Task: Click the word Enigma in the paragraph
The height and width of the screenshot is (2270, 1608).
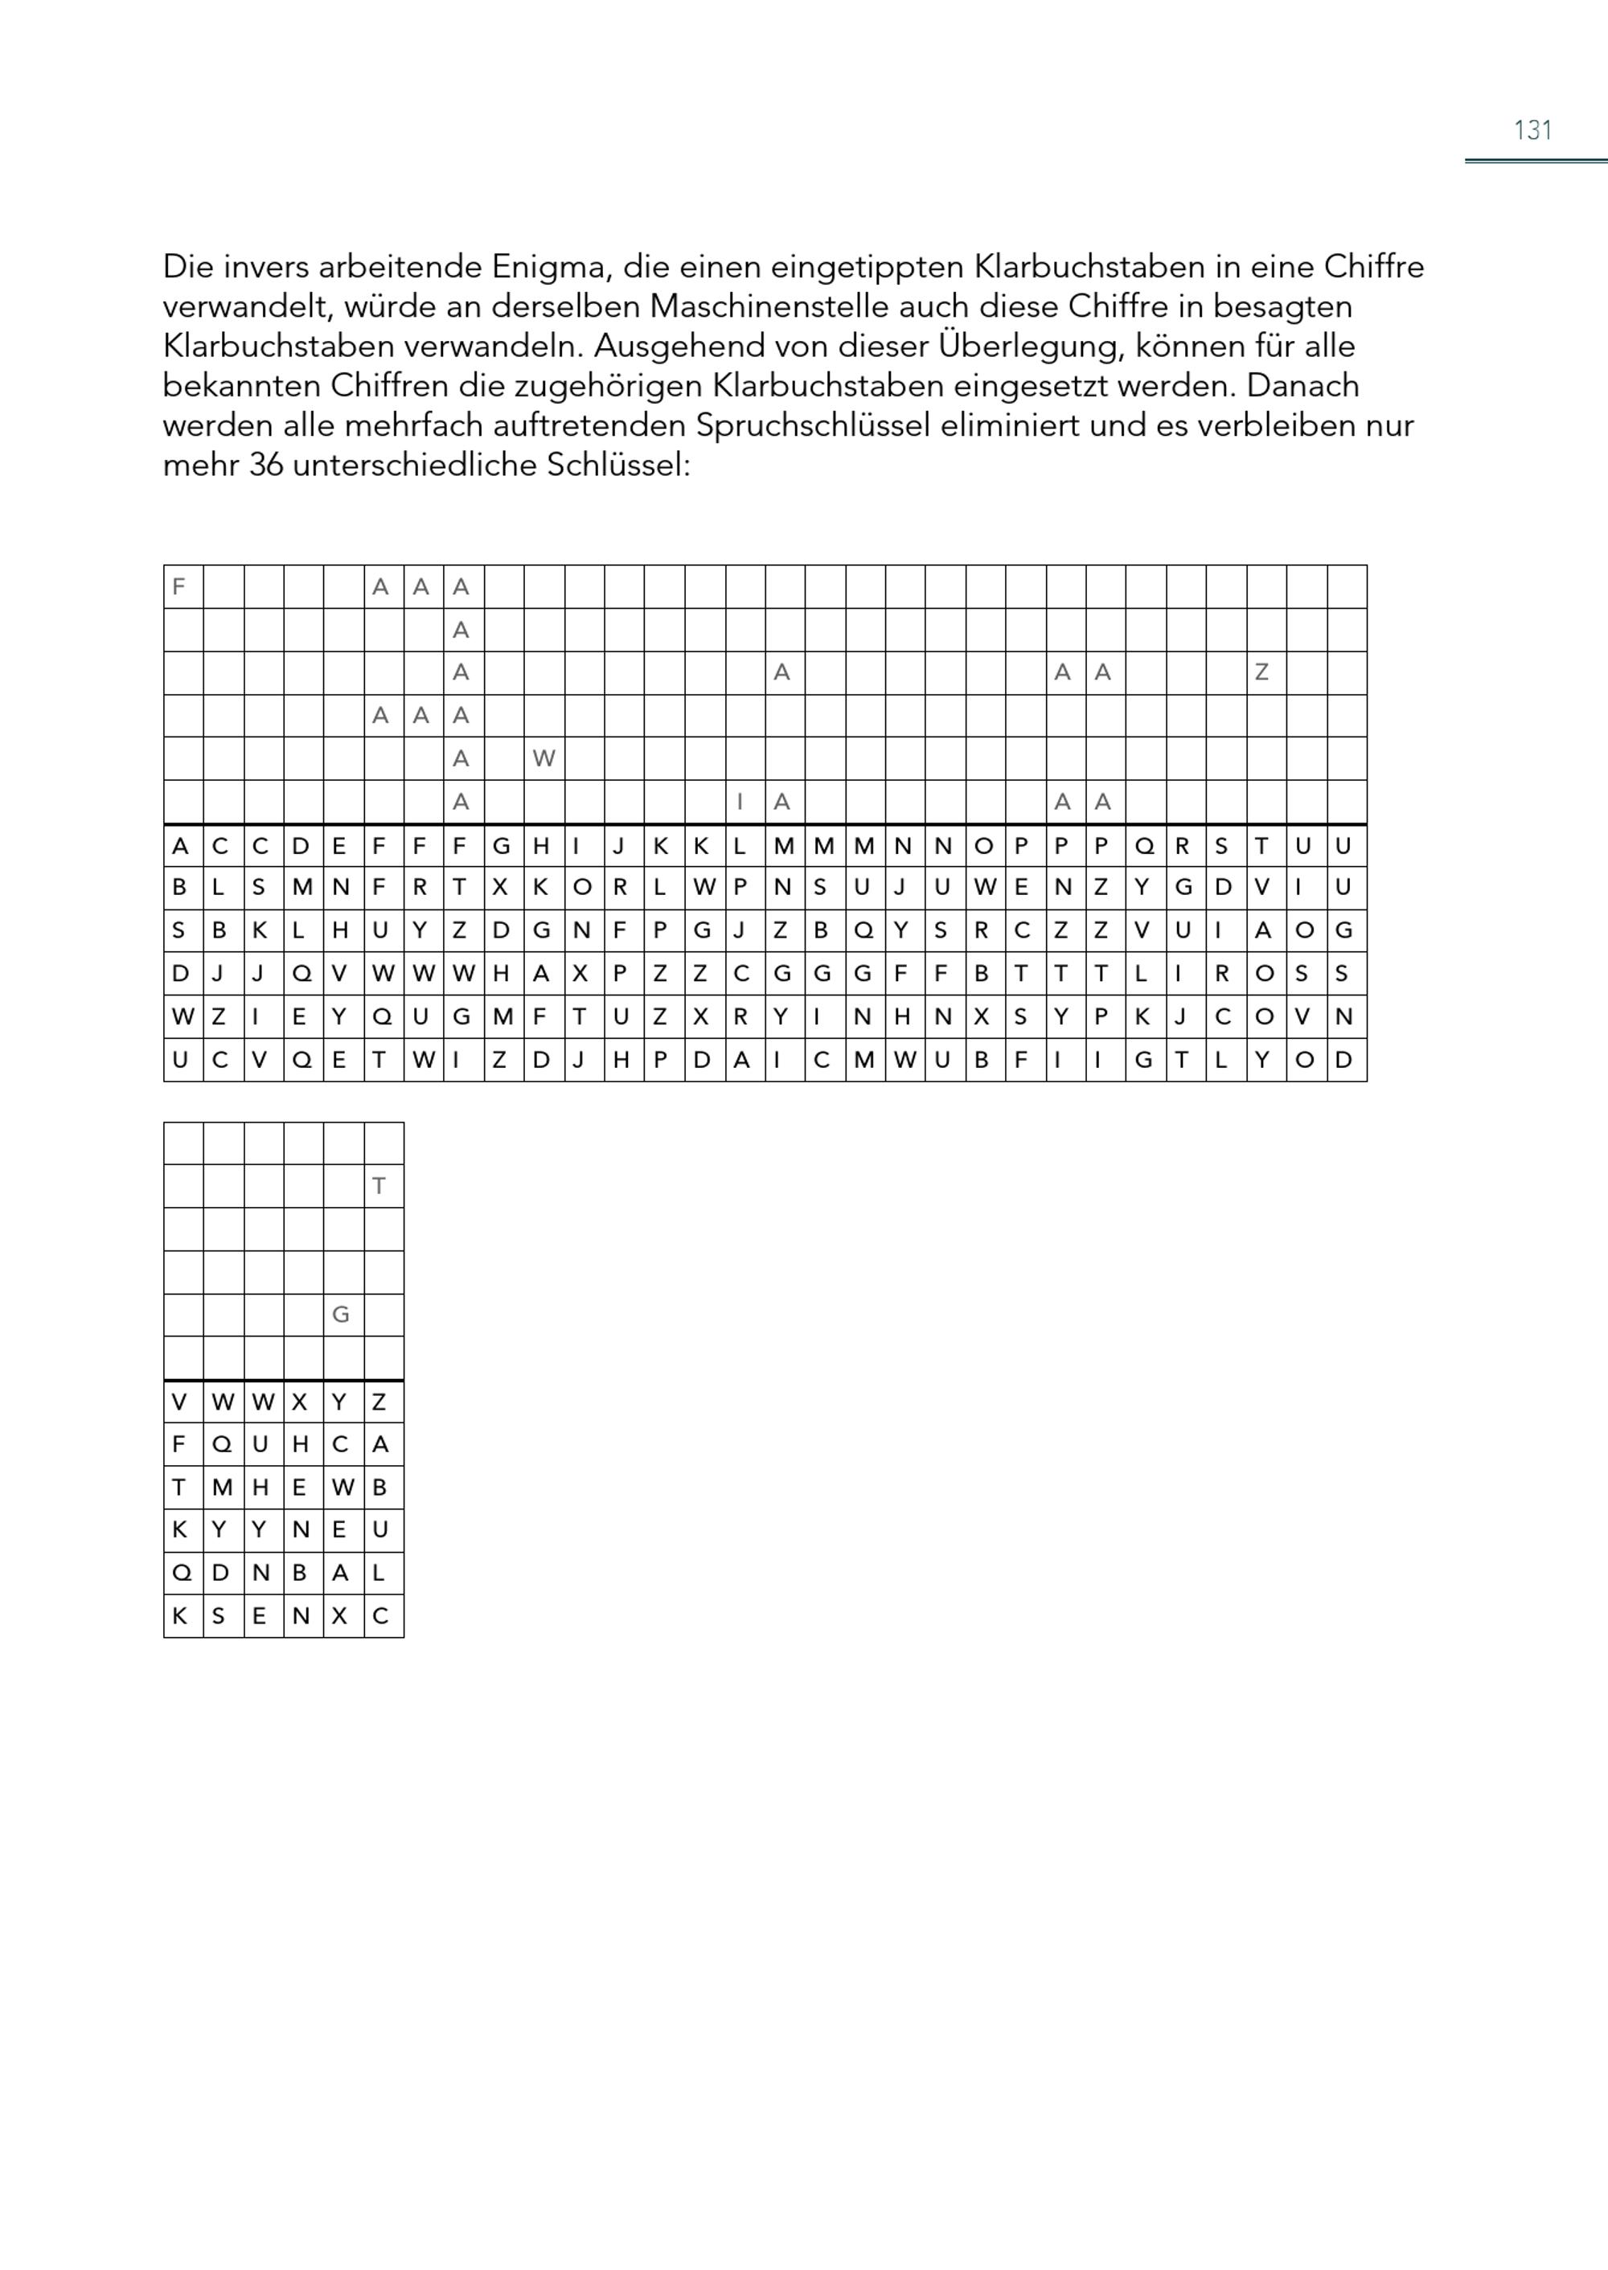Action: tap(556, 268)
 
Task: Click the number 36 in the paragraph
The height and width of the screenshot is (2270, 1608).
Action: tap(265, 466)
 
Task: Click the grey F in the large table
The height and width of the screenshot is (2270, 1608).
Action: tap(179, 586)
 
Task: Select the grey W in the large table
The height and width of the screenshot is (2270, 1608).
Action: tap(544, 758)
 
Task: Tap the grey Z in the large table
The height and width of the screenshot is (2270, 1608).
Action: tap(1261, 672)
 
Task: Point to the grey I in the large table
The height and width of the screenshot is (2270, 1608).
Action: tap(740, 801)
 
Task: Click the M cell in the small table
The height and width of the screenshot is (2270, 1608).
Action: tap(222, 1488)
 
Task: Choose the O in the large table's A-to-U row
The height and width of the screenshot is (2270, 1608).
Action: tap(983, 846)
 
